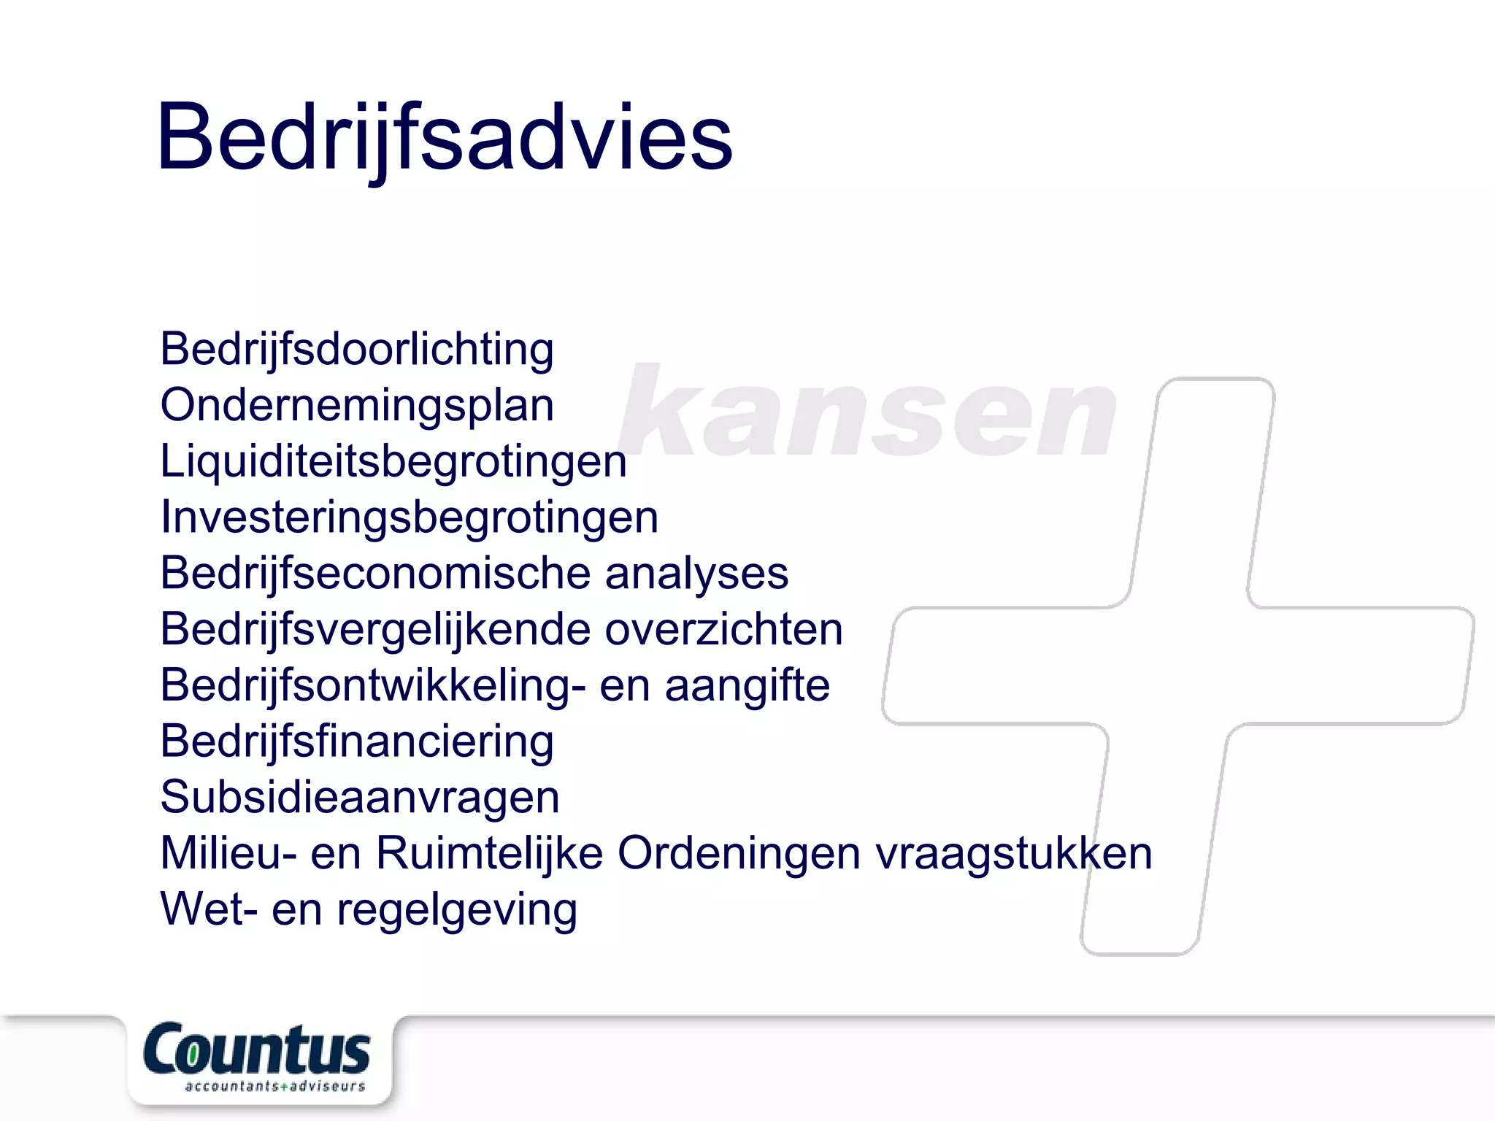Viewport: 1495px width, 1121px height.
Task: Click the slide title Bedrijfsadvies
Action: coord(444,137)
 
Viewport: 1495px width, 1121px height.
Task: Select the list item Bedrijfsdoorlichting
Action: coord(357,350)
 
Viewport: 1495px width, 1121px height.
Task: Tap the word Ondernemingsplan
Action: coord(357,406)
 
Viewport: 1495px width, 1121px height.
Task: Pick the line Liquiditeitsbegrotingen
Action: coord(393,462)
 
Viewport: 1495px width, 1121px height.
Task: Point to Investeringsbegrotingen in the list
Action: coord(410,517)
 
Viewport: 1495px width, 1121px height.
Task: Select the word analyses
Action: coord(696,574)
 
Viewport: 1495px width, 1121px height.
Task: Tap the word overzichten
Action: coord(723,629)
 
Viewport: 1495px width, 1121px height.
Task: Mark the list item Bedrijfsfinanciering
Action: coord(357,741)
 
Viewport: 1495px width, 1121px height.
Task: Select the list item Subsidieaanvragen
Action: coord(360,797)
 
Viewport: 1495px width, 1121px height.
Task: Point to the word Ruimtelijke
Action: coord(489,853)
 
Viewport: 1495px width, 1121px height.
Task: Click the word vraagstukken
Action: coord(1014,853)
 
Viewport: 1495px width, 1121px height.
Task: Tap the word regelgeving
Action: coord(457,910)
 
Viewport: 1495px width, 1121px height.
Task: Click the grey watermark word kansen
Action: coord(867,411)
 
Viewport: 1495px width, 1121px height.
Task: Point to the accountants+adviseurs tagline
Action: coord(274,1087)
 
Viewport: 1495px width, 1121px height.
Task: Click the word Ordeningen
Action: coord(739,853)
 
